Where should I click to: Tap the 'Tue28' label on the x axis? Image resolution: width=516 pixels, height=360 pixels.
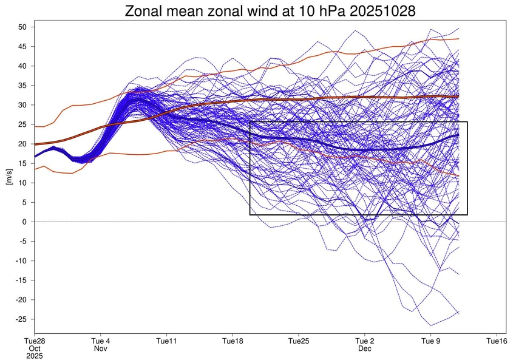point(35,341)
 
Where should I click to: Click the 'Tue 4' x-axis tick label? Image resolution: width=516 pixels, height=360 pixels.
point(100,341)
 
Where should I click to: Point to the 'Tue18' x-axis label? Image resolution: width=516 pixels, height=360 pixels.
point(233,341)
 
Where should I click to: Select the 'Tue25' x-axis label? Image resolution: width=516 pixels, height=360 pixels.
point(299,341)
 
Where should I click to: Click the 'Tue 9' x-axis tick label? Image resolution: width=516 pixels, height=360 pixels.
point(431,341)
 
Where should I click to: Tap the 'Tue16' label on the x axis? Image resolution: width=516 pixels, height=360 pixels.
point(497,341)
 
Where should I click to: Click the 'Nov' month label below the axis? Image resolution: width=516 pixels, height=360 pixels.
point(100,349)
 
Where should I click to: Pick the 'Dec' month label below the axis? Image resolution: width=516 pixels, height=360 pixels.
point(365,349)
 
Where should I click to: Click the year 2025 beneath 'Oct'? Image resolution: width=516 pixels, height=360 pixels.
point(35,356)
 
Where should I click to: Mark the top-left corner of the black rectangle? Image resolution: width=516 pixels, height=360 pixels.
point(250,122)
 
